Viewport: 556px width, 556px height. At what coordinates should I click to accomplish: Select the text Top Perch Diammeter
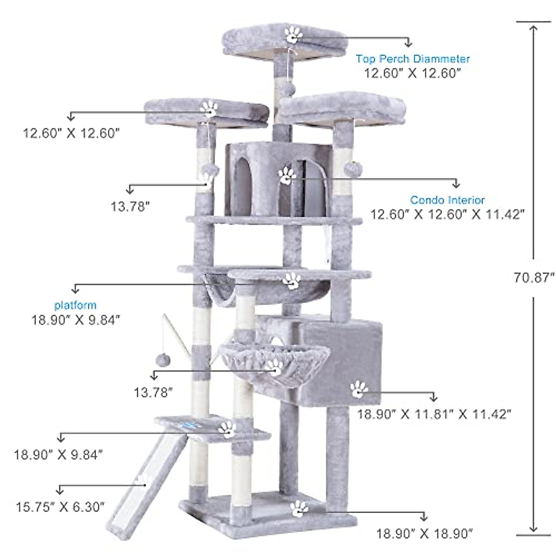(412, 59)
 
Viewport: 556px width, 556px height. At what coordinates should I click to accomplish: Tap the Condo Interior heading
(447, 200)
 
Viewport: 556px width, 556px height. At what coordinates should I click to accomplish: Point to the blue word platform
(76, 305)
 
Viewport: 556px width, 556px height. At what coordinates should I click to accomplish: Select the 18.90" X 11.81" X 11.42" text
(434, 414)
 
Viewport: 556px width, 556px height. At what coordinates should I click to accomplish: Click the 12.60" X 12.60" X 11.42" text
(447, 215)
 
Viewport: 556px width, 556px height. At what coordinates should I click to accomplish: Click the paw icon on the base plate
(299, 508)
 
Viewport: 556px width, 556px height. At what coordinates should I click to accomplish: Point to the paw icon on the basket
(274, 367)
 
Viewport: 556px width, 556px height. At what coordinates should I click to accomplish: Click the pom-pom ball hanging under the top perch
(291, 88)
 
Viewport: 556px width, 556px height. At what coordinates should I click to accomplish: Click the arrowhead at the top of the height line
(533, 29)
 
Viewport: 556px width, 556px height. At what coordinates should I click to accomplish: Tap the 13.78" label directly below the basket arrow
(153, 393)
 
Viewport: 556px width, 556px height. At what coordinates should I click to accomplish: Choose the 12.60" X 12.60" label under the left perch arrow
(71, 133)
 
